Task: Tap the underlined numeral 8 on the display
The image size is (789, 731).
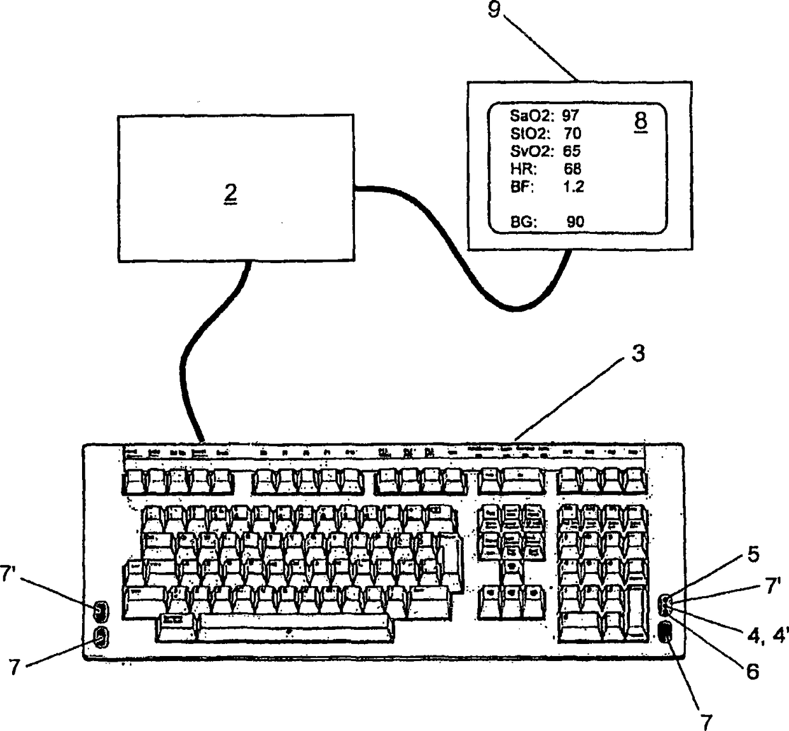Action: point(641,121)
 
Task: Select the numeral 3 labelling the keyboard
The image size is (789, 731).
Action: point(638,354)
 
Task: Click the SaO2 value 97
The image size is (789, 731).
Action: point(570,115)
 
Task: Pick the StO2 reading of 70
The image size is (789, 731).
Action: point(572,133)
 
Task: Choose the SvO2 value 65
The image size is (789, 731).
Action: point(572,151)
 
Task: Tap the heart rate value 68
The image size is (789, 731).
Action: point(572,169)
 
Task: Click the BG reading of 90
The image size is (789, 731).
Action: point(575,222)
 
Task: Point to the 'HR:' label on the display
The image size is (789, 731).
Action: point(524,169)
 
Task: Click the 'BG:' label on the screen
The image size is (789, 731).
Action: point(525,222)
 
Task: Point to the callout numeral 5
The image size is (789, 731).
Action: point(753,555)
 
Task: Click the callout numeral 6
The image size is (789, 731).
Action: point(753,672)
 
